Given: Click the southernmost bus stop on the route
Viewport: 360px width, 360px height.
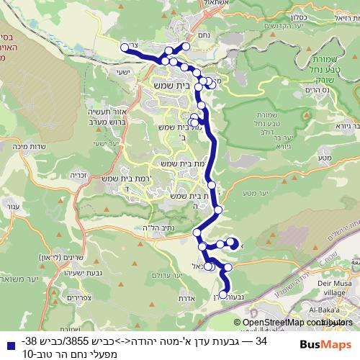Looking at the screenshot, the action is tap(224, 294).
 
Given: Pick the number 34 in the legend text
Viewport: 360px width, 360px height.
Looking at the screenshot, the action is tap(261, 340).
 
